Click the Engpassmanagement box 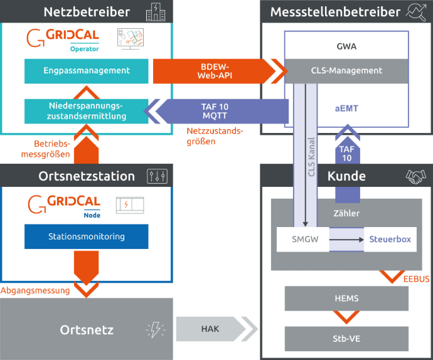click(87, 71)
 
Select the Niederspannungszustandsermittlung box click(87, 111)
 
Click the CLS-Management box click(346, 71)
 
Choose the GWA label click(346, 46)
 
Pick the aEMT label click(346, 109)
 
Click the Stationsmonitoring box click(87, 236)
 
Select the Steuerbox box click(390, 240)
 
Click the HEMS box click(346, 299)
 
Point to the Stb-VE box click(346, 339)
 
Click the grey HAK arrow click(210, 328)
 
